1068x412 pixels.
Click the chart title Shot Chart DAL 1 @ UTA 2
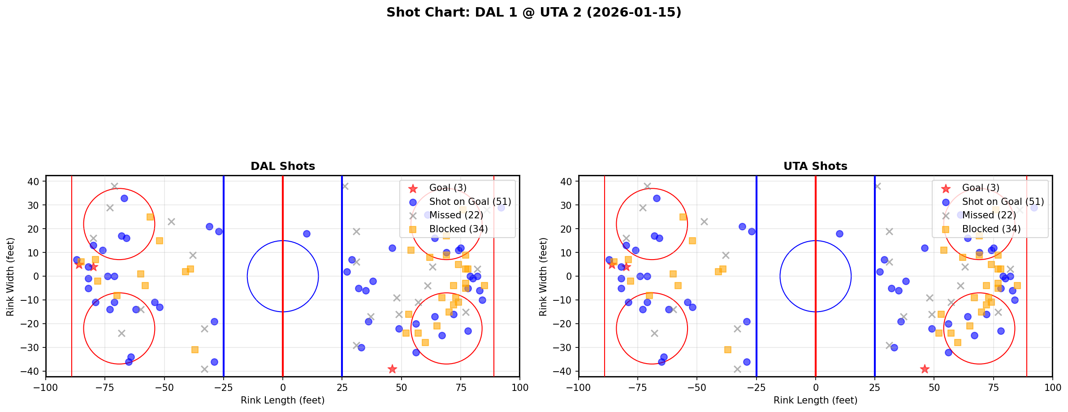click(533, 13)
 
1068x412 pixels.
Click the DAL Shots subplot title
click(282, 166)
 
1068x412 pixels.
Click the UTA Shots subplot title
click(815, 166)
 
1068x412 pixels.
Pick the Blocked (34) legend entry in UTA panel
click(991, 229)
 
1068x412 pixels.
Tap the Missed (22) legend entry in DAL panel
click(456, 215)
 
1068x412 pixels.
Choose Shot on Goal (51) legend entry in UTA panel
click(1003, 202)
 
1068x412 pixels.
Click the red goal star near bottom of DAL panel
click(392, 369)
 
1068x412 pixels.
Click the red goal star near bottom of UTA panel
click(925, 369)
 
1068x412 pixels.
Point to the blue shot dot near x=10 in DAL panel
click(307, 234)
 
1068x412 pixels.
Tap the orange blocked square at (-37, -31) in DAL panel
click(195, 350)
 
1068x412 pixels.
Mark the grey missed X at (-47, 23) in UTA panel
click(704, 221)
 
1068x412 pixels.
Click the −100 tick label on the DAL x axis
click(46, 387)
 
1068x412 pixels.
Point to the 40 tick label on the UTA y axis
click(567, 181)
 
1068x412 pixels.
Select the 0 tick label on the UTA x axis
click(815, 387)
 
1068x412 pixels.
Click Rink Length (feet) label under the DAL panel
click(282, 400)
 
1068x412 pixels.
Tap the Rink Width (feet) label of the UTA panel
click(543, 277)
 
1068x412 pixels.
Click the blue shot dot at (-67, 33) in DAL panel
click(124, 198)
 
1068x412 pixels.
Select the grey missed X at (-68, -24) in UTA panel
click(654, 333)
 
